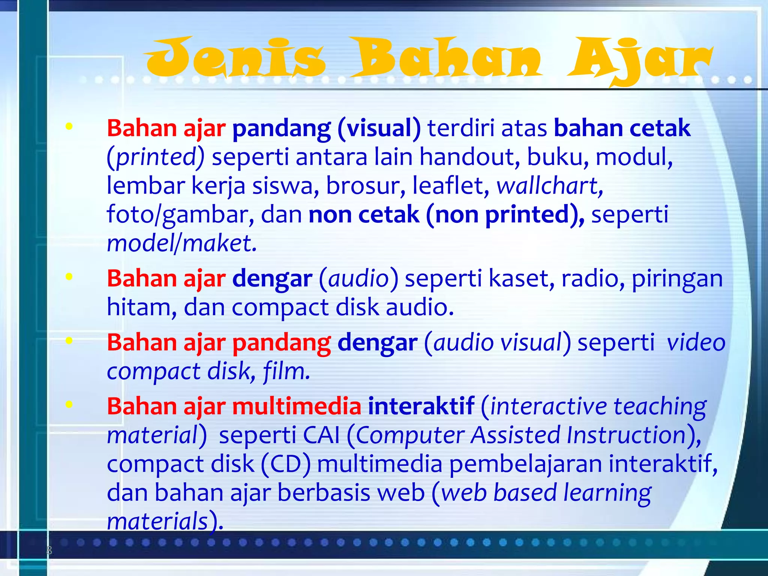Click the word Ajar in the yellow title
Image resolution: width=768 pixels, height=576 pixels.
(639, 60)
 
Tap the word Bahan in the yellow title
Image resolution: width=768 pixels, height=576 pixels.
(446, 58)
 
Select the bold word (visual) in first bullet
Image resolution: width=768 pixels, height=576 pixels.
(379, 129)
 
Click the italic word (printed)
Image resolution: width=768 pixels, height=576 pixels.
(156, 157)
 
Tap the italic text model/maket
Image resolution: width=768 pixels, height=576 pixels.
(182, 243)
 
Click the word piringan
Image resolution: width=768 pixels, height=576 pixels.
(677, 279)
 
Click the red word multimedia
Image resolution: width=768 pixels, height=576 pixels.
(297, 406)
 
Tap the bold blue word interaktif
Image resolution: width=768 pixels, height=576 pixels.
(421, 406)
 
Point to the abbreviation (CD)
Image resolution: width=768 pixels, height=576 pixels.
(286, 464)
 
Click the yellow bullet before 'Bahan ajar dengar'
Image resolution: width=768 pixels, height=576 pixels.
(69, 277)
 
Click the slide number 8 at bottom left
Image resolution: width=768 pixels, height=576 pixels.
(49, 551)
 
